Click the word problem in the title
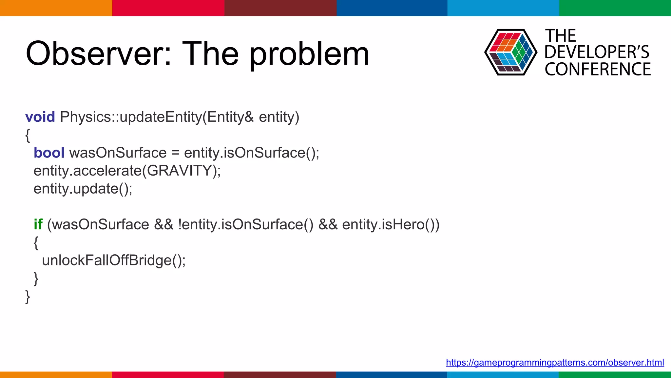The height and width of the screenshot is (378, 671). coord(309,53)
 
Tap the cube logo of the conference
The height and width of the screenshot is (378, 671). coord(510,52)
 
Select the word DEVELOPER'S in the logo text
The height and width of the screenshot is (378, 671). coord(597,52)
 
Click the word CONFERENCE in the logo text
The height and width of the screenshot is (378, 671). coord(598,69)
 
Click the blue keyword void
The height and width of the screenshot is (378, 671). coord(40,117)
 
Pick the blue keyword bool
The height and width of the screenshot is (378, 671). coord(49,153)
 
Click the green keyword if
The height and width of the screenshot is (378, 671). coord(38,225)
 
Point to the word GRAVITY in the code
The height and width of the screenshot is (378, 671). coord(179,171)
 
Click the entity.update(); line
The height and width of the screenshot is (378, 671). coord(83,189)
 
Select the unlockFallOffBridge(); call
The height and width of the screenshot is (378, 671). coord(114,261)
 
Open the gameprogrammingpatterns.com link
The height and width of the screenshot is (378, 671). coord(555,363)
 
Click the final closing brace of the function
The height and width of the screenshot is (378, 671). coord(28,296)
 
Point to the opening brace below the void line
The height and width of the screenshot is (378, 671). coord(28,135)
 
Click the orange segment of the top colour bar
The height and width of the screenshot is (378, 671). coord(56,8)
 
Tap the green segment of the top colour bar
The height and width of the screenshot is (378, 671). coord(615,8)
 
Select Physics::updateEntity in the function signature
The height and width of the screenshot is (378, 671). coord(131,117)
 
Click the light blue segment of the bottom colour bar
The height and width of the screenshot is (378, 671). coord(503,375)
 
